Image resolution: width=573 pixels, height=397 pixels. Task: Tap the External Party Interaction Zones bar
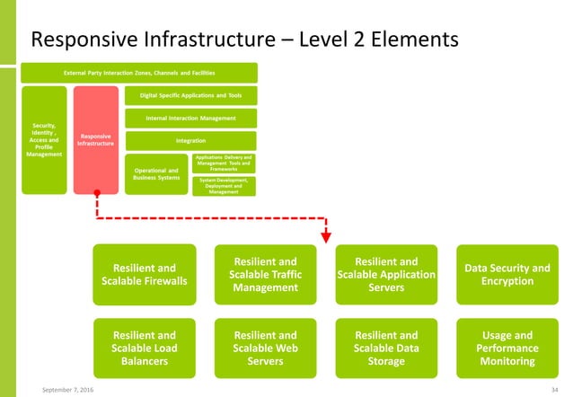(x=138, y=72)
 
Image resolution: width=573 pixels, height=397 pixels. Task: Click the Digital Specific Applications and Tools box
(x=190, y=95)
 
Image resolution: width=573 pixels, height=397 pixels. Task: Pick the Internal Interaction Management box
(x=190, y=118)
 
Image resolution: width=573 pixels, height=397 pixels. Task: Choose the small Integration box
(x=190, y=140)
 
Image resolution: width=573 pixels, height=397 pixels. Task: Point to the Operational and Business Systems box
(x=155, y=173)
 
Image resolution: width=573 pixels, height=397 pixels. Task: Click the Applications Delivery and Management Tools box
(x=224, y=163)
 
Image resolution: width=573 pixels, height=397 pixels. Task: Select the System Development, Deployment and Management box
(x=224, y=186)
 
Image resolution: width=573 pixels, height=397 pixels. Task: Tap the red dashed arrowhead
(x=326, y=238)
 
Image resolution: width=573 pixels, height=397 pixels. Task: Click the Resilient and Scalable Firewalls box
(x=144, y=274)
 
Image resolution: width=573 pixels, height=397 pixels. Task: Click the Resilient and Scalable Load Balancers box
(x=144, y=348)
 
